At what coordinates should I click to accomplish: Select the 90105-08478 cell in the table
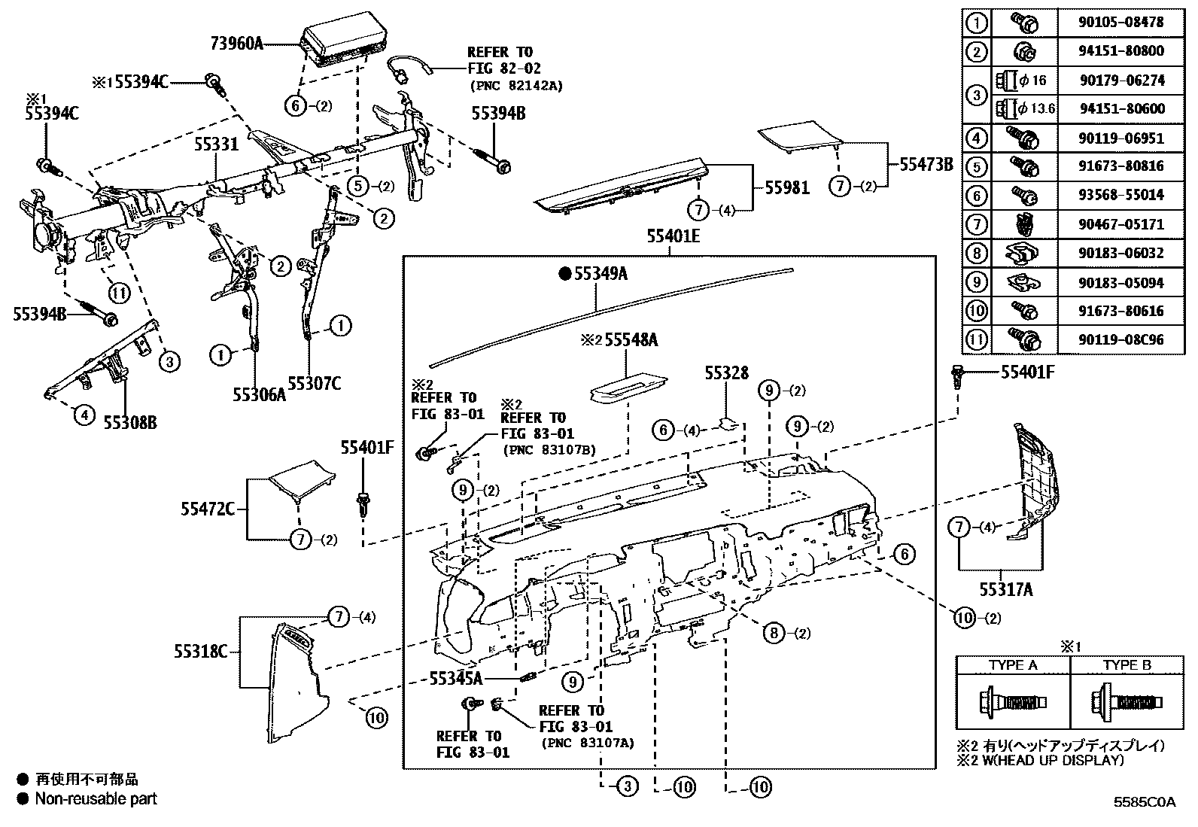coord(1121,22)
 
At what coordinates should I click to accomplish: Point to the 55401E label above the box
coord(672,236)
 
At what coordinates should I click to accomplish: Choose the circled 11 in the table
coord(976,339)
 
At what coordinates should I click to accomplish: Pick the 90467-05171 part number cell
coord(1121,223)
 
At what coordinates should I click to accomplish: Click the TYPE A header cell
coord(1012,665)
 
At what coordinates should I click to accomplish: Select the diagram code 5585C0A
coord(1144,802)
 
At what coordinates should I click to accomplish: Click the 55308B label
coord(129,422)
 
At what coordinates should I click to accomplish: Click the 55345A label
coord(455,678)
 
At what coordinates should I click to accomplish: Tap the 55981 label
coord(787,187)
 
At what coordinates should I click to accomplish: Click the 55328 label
coord(726,372)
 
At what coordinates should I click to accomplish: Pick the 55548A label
coord(631,340)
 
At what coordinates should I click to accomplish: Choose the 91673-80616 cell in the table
coord(1121,310)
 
